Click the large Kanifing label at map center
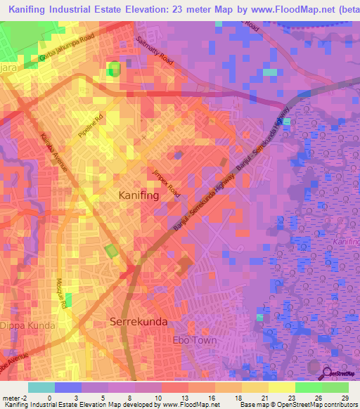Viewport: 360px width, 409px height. pyautogui.click(x=139, y=194)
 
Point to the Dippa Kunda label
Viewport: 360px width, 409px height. pyautogui.click(x=25, y=326)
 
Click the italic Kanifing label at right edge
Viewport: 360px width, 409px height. pyautogui.click(x=345, y=242)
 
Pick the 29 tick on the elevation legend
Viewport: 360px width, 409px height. pyautogui.click(x=345, y=397)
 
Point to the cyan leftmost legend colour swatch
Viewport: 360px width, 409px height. pyautogui.click(x=41, y=387)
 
